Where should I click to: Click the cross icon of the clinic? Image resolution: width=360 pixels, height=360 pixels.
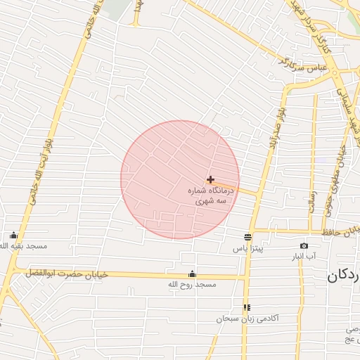[x=210, y=180]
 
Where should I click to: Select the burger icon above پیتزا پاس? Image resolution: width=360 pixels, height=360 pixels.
[x=247, y=237]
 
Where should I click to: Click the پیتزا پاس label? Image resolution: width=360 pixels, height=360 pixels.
[x=247, y=249]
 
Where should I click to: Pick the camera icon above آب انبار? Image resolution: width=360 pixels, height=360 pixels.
[x=304, y=245]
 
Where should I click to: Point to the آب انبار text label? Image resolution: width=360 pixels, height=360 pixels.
[x=304, y=257]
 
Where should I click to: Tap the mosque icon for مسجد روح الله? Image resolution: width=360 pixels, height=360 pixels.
[x=192, y=274]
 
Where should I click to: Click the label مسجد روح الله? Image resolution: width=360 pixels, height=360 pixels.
[x=192, y=285]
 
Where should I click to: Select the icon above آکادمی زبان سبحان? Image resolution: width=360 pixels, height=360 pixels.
[x=247, y=307]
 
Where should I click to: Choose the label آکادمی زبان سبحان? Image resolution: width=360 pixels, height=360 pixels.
[x=247, y=319]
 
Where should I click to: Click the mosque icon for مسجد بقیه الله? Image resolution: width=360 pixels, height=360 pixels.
[x=13, y=236]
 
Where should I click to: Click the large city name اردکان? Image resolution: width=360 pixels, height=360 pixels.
[x=344, y=276]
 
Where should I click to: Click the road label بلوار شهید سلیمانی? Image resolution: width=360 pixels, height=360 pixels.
[x=350, y=112]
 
